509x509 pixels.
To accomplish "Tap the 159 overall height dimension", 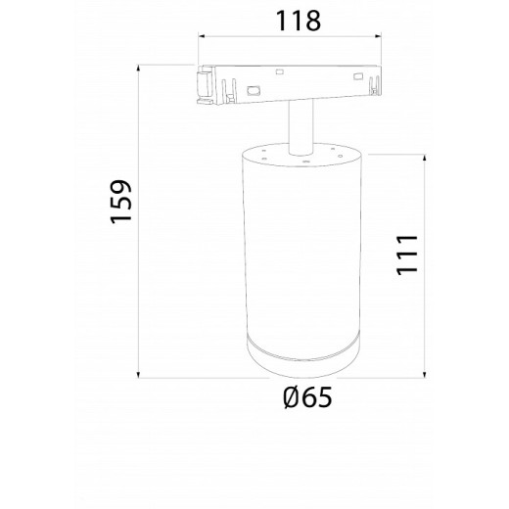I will [x=121, y=202].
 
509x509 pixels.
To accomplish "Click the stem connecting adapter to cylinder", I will [x=298, y=126].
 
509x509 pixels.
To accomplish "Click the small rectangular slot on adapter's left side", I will [x=254, y=89].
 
